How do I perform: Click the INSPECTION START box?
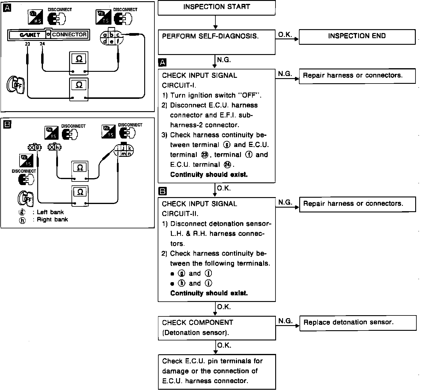(x=216, y=8)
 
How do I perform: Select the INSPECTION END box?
(x=357, y=37)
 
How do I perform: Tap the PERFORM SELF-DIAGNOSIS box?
(x=216, y=42)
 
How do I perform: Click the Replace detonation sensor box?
(x=358, y=323)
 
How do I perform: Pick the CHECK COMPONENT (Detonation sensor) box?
(x=217, y=328)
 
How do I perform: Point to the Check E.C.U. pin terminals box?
(x=217, y=371)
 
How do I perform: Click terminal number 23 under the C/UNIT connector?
(x=28, y=44)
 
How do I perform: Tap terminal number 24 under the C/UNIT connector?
(x=42, y=44)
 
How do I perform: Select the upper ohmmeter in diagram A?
(x=79, y=63)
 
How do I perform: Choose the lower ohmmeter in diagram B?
(x=80, y=196)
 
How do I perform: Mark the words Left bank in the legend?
(x=50, y=212)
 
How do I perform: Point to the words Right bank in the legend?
(x=52, y=220)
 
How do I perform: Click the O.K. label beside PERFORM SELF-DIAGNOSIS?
(x=285, y=35)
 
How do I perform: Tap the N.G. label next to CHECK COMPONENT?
(x=285, y=321)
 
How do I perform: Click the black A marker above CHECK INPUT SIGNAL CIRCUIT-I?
(x=162, y=62)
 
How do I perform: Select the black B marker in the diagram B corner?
(x=7, y=124)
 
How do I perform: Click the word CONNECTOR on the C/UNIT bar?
(x=69, y=35)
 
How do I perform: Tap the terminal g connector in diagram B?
(x=34, y=148)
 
